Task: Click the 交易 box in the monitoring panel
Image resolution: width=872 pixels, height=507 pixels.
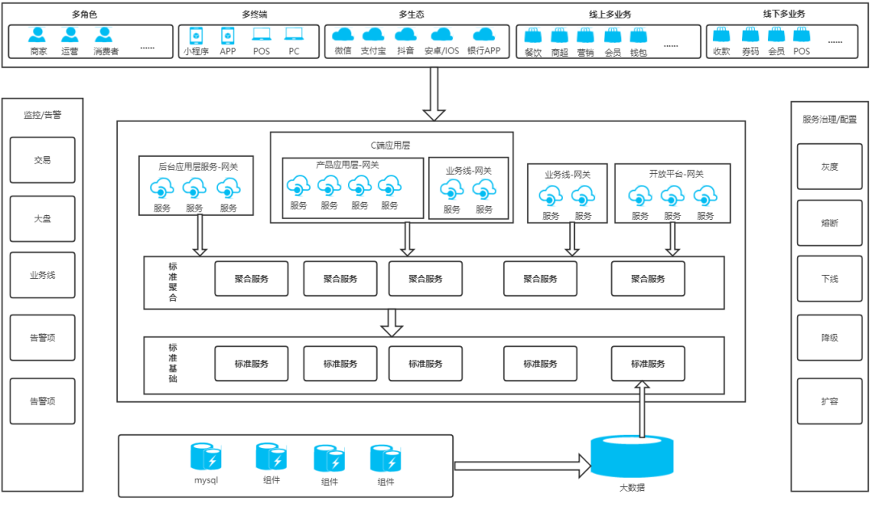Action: [42, 160]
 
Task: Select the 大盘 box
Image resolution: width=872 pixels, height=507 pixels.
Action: [42, 218]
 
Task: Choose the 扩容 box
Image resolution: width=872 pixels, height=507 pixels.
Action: [829, 401]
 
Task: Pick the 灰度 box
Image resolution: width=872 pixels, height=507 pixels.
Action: [829, 167]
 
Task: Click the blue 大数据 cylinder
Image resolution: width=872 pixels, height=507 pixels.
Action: [632, 457]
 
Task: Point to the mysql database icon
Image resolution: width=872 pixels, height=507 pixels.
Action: [206, 457]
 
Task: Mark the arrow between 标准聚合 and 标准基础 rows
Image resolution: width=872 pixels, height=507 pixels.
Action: [392, 322]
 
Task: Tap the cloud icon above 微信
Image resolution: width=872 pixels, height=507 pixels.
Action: [343, 35]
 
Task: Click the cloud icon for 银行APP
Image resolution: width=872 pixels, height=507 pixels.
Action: [483, 35]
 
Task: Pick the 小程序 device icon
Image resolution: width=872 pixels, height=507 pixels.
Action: [195, 36]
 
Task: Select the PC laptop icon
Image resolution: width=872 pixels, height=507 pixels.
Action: [293, 35]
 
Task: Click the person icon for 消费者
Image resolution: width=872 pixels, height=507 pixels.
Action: [104, 35]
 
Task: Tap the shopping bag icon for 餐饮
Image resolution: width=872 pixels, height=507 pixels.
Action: [533, 36]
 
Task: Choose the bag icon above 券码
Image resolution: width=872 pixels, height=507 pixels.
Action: [750, 35]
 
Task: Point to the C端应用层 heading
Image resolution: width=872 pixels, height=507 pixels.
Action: [391, 146]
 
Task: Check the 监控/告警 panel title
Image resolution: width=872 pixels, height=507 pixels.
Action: [42, 115]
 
